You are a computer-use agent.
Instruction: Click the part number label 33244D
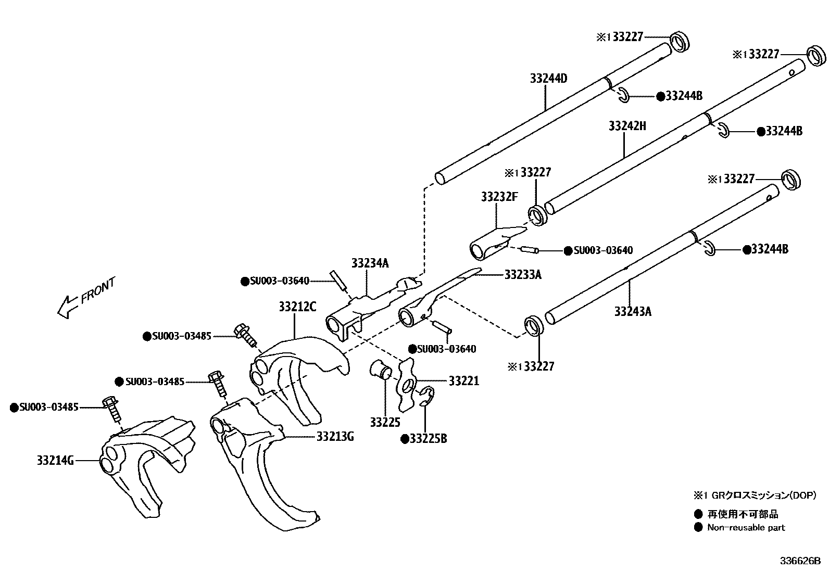click(x=548, y=79)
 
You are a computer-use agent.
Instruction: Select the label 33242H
click(x=627, y=126)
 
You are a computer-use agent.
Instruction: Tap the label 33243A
click(x=633, y=311)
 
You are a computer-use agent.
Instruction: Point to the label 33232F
click(x=499, y=197)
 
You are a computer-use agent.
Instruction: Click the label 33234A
click(x=370, y=263)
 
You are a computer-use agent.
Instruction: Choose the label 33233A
click(x=523, y=275)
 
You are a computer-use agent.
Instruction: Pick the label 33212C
click(x=297, y=307)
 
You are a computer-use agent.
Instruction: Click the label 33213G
click(x=335, y=436)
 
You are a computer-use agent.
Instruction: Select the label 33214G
click(x=56, y=460)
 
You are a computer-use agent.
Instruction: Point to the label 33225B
click(x=428, y=439)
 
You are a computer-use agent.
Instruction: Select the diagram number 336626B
click(x=799, y=561)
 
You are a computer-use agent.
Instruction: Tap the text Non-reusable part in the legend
click(x=746, y=527)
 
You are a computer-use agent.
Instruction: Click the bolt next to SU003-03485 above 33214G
click(x=112, y=409)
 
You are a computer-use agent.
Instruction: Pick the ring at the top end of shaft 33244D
click(x=679, y=42)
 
